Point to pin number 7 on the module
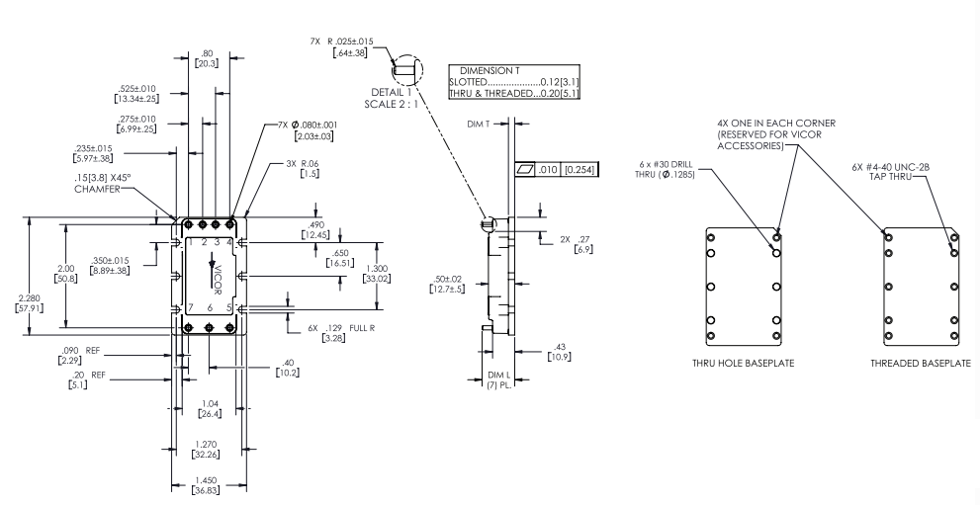click(x=189, y=308)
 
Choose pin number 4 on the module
click(x=230, y=242)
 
